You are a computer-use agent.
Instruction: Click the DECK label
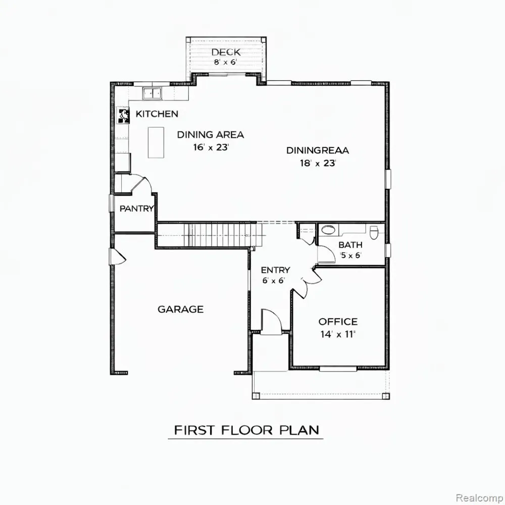tap(226, 52)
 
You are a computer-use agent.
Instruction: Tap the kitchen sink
tap(153, 93)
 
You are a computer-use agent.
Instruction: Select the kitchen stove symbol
tap(123, 115)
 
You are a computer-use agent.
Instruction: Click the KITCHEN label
tap(157, 114)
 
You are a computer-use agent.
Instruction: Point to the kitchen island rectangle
tap(156, 142)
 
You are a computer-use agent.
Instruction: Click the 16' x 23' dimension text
tap(211, 147)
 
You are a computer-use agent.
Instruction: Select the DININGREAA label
tap(318, 150)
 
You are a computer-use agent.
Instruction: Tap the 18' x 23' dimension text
tap(318, 163)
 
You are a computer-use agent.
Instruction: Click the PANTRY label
tap(136, 209)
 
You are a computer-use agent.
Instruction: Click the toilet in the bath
tap(374, 232)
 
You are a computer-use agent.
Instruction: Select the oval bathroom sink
tap(328, 230)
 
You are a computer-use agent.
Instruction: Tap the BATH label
tap(350, 245)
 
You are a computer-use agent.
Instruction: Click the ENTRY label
tap(275, 270)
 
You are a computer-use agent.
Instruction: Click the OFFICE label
tap(338, 322)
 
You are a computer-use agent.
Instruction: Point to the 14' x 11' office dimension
tap(338, 334)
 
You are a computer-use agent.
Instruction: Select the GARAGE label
tap(180, 310)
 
